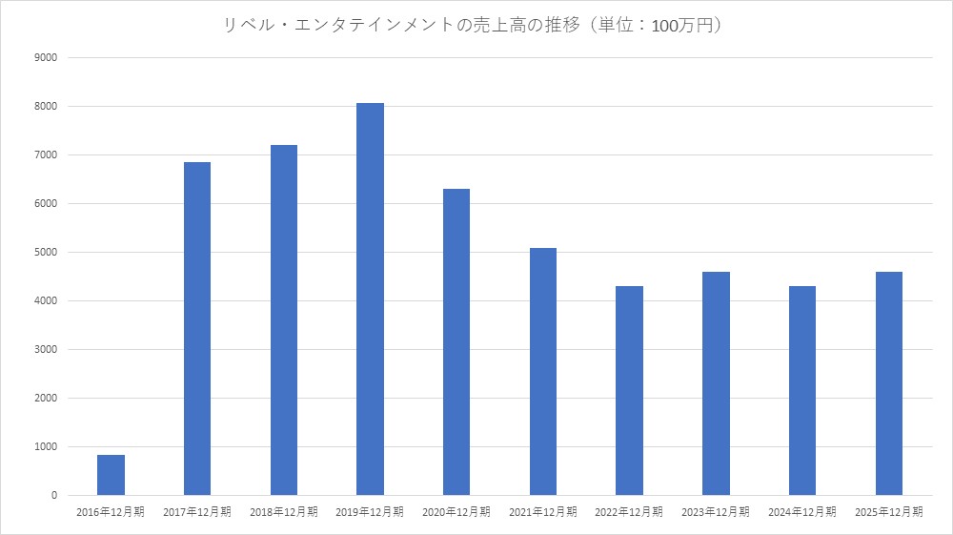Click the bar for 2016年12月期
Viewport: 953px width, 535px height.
coord(111,475)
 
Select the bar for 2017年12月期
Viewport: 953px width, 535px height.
coord(197,329)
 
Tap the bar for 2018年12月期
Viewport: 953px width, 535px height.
coord(284,320)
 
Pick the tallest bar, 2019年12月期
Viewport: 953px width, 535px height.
coord(370,299)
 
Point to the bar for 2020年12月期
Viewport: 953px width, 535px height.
coord(456,342)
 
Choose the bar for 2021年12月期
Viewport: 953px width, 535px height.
coord(543,372)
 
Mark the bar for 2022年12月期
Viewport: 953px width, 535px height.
coord(629,391)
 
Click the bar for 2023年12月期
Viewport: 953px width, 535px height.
coord(716,383)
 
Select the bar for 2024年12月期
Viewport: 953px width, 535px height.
coord(802,391)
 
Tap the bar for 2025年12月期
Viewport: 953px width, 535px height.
coord(888,383)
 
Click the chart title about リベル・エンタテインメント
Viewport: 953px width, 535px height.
coord(476,27)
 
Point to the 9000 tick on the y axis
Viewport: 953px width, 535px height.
coord(47,57)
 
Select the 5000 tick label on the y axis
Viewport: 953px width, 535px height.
coord(47,253)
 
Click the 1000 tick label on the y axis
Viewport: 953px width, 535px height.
coord(47,447)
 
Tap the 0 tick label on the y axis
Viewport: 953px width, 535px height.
coord(54,496)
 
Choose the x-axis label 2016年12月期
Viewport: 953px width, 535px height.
coord(111,512)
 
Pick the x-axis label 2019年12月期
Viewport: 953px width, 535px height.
coord(370,512)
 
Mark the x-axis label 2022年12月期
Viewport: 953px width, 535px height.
coord(629,512)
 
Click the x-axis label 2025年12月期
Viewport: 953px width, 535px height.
coord(888,512)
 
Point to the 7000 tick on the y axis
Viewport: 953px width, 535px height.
coord(47,155)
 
